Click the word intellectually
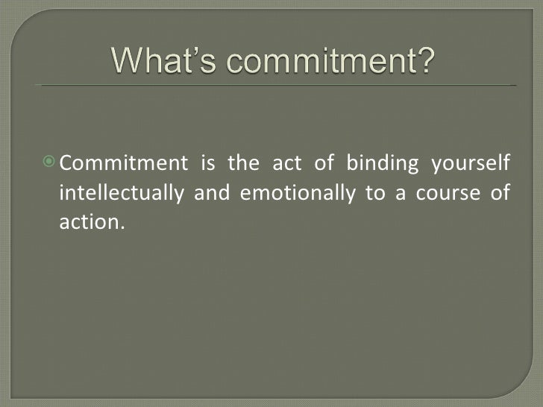pos(121,193)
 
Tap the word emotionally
pos(296,193)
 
